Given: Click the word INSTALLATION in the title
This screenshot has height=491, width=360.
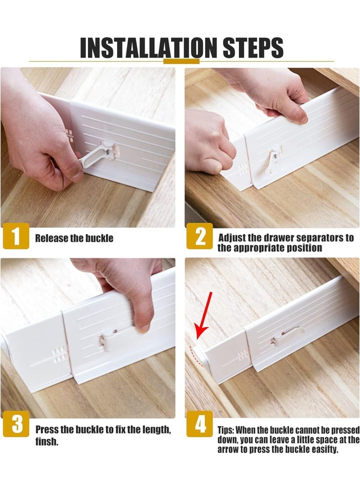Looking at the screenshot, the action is (x=148, y=48).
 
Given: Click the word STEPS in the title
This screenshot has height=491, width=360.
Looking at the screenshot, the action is (x=253, y=48).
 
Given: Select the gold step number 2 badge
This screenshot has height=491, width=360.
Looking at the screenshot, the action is (x=200, y=236).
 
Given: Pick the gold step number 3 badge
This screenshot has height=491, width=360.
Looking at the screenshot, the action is (x=15, y=424).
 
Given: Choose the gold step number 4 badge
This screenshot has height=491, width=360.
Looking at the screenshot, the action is (x=200, y=424).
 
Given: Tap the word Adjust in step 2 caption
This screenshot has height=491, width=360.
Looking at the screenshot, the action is (x=232, y=238).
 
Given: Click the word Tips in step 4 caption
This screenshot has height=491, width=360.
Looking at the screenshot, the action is (x=226, y=430).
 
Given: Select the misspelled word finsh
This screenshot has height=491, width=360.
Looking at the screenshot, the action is (x=47, y=442).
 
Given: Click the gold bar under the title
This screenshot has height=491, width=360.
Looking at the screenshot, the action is (x=181, y=61).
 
